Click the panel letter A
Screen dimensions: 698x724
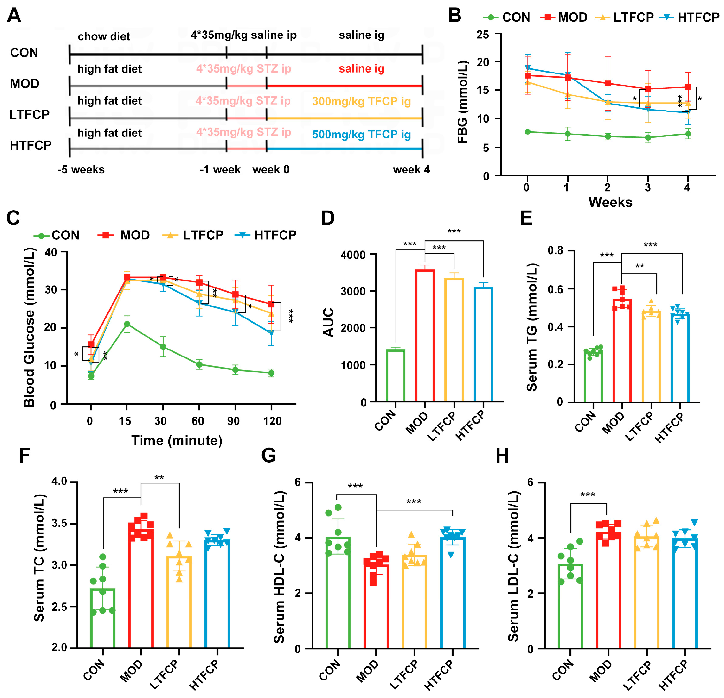click(14, 16)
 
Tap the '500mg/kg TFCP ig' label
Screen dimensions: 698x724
click(361, 134)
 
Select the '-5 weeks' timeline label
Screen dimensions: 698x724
click(81, 170)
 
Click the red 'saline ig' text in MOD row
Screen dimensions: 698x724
click(361, 69)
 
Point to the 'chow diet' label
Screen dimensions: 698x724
click(104, 36)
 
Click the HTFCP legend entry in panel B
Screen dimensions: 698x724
click(690, 17)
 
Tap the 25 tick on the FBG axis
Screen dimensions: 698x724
click(482, 35)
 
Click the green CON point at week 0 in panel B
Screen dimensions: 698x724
click(528, 132)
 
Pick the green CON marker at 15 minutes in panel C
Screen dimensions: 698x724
click(127, 324)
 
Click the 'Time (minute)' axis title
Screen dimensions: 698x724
click(177, 441)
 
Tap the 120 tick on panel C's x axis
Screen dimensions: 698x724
click(272, 421)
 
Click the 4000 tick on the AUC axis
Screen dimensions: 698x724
click(353, 255)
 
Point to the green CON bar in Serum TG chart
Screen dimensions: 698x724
click(593, 377)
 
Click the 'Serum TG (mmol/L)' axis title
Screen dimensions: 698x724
click(532, 327)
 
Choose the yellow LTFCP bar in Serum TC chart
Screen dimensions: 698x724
click(179, 602)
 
